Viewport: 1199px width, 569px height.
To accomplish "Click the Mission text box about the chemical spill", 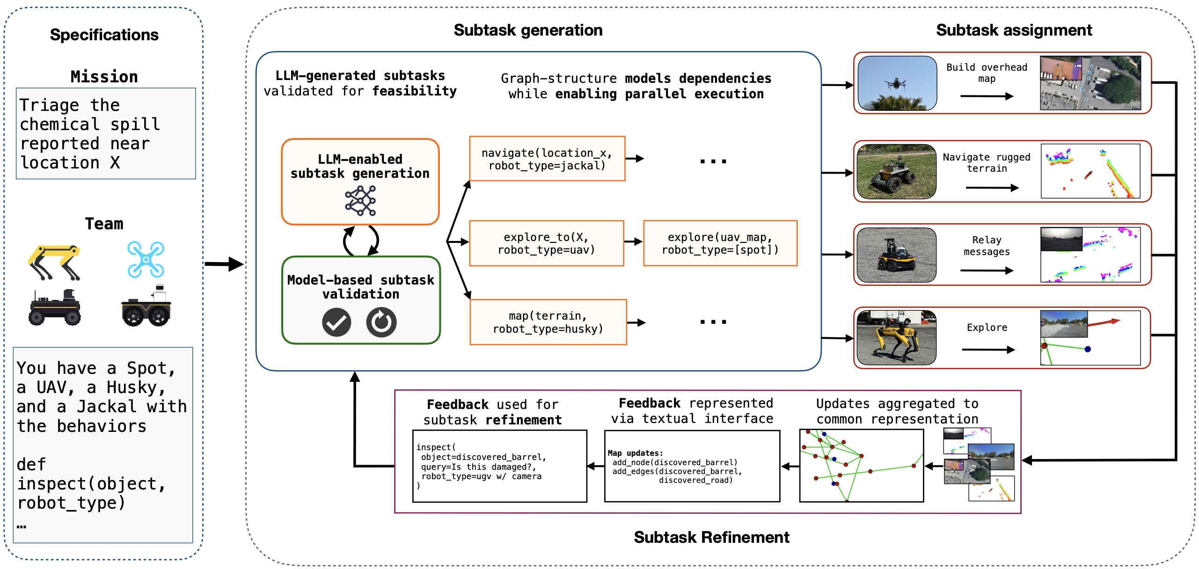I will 106,133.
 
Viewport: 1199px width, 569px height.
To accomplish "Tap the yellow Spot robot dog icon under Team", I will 54,262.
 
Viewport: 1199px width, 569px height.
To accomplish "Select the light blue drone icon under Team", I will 146,259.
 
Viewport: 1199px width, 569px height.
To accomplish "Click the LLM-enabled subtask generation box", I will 360,182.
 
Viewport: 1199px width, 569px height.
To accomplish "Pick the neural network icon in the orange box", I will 360,201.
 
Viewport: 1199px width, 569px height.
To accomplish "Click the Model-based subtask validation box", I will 361,300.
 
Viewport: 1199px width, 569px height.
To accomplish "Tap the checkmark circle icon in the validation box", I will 336,322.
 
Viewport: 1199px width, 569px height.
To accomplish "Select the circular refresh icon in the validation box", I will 381,322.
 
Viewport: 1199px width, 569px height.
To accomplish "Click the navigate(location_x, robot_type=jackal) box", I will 547,159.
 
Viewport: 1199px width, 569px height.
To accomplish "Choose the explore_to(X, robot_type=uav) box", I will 546,243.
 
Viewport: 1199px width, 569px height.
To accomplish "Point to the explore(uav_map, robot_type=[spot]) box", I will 720,243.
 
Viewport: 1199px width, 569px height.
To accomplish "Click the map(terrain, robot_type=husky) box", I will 548,322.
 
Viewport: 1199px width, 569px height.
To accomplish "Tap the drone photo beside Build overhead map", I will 897,83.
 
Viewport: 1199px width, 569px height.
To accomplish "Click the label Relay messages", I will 987,246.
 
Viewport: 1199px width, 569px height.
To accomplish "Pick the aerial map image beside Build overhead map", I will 1090,83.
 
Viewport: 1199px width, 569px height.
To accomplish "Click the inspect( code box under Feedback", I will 499,466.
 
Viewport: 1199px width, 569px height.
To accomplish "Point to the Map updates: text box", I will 692,466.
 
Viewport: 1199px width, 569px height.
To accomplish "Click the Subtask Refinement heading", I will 711,537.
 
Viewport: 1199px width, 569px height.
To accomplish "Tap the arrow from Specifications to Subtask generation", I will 224,264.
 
